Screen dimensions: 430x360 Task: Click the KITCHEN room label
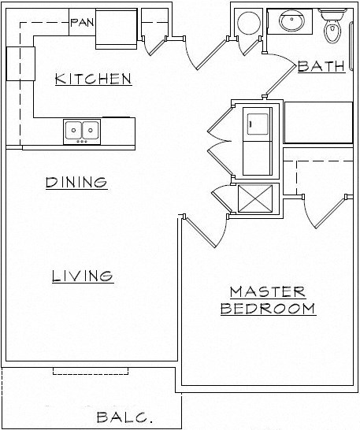pyautogui.click(x=92, y=79)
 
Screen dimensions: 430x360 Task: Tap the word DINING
pyautogui.click(x=76, y=183)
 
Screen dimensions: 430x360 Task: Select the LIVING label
pyautogui.click(x=83, y=276)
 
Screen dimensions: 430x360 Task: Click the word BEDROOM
pyautogui.click(x=268, y=308)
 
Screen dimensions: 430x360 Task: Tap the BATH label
pyautogui.click(x=321, y=67)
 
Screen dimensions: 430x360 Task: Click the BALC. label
pyautogui.click(x=124, y=417)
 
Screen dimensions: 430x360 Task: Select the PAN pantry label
pyautogui.click(x=81, y=22)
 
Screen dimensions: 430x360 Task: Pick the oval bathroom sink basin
pyautogui.click(x=293, y=22)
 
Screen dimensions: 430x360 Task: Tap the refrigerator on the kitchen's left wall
pyautogui.click(x=20, y=63)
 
